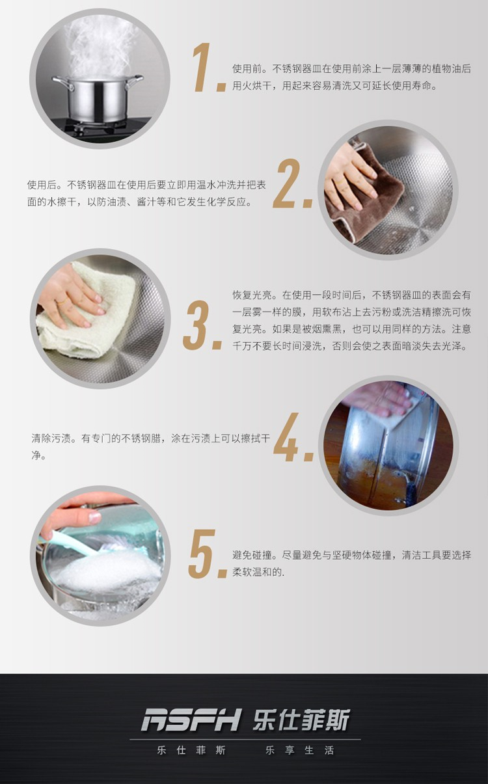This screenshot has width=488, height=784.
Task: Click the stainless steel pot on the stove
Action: pyautogui.click(x=98, y=98)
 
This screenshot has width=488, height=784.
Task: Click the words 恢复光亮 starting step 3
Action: pyautogui.click(x=252, y=295)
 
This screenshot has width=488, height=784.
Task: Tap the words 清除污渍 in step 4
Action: pyautogui.click(x=51, y=439)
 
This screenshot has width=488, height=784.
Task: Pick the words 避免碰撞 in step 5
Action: pyautogui.click(x=252, y=555)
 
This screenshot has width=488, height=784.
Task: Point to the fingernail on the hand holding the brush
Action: pyautogui.click(x=94, y=517)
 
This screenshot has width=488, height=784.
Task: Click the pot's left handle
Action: pyautogui.click(x=62, y=83)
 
